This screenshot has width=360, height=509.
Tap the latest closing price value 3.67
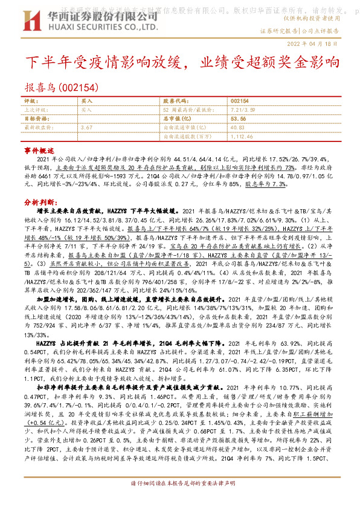tap(86, 128)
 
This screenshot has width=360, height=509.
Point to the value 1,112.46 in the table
tap(242, 137)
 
